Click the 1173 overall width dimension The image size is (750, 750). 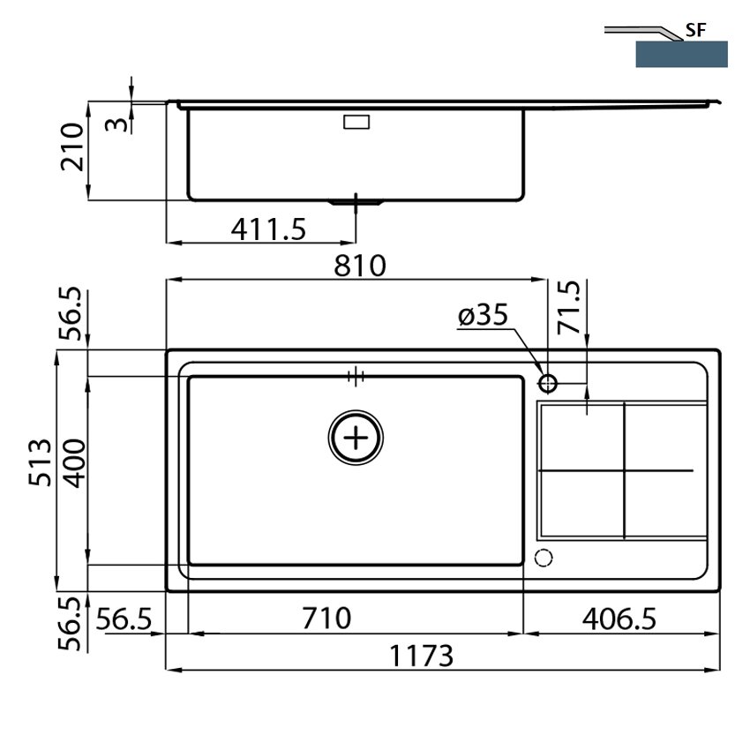pyautogui.click(x=421, y=656)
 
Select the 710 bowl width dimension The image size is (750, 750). pyautogui.click(x=326, y=618)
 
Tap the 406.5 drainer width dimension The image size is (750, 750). pyautogui.click(x=619, y=619)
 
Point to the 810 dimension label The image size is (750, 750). pyautogui.click(x=360, y=266)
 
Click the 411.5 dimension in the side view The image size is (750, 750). pyautogui.click(x=268, y=229)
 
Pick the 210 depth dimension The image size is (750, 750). pyautogui.click(x=71, y=146)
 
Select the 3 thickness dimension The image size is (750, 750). pyautogui.click(x=116, y=124)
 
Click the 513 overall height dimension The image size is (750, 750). pyautogui.click(x=40, y=462)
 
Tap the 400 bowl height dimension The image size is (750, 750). pyautogui.click(x=75, y=463)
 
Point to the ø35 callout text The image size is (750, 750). pyautogui.click(x=483, y=315)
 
